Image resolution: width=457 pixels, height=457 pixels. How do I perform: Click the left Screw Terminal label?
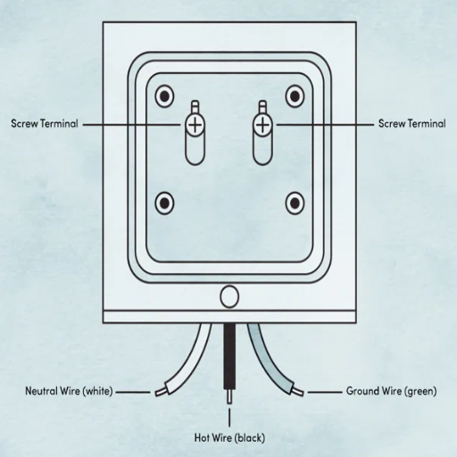point(45,123)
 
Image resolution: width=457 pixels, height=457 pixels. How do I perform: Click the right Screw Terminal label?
point(412,123)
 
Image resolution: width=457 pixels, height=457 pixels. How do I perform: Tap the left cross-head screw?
point(195,125)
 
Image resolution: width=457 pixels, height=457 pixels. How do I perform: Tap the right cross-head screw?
point(262,125)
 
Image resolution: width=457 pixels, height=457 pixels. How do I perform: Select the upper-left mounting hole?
point(164,96)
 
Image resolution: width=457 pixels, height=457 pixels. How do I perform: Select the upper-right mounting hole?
point(295,96)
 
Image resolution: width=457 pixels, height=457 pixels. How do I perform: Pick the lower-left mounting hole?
point(164,204)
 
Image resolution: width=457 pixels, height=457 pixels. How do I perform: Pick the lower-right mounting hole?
point(295,204)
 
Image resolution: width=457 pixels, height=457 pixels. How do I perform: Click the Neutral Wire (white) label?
point(69,391)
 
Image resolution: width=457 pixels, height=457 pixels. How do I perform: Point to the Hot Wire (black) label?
point(229,437)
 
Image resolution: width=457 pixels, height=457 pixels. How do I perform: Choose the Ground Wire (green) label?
point(392,391)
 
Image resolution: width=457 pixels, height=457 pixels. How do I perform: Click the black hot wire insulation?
point(229,355)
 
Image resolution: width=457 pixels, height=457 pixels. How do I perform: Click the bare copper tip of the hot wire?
point(229,396)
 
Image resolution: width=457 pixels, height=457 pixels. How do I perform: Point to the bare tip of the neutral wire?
point(160,392)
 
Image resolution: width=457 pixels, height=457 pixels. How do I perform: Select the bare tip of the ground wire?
point(298,392)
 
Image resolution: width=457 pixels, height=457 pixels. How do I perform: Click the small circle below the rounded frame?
point(229,296)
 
